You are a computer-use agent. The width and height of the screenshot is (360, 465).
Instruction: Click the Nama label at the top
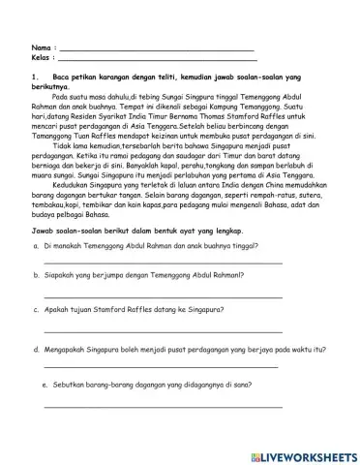[41, 46]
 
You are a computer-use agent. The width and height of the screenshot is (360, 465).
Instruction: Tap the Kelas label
[42, 57]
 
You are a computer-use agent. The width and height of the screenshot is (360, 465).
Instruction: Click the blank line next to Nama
[156, 48]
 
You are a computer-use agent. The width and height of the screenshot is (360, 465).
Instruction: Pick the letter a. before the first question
[36, 247]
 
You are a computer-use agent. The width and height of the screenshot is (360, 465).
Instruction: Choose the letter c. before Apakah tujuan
[36, 311]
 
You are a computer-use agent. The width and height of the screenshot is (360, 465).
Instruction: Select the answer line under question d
[161, 367]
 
